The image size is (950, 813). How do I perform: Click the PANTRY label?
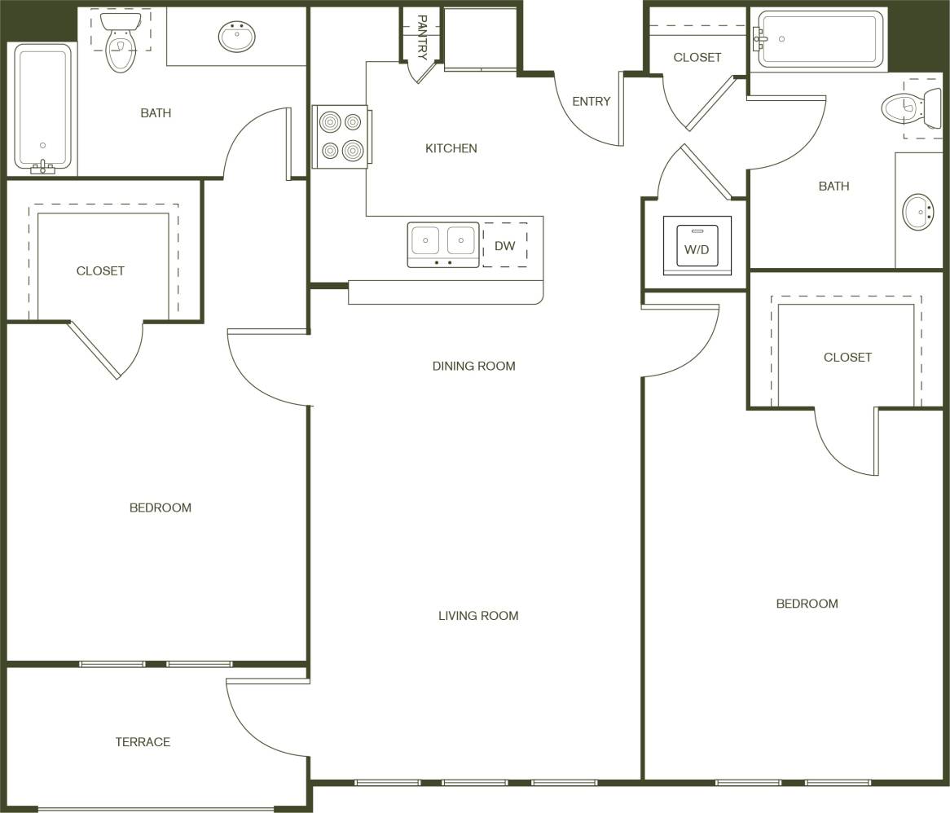tap(422, 37)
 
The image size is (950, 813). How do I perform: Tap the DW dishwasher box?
tap(505, 245)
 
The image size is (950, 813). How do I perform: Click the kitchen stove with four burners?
tap(341, 137)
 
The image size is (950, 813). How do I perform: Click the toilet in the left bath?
tap(121, 42)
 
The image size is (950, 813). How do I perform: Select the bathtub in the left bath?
tap(42, 108)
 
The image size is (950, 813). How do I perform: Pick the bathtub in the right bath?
tap(820, 38)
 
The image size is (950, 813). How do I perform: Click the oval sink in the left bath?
tap(237, 37)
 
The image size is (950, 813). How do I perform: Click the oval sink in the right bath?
tap(918, 213)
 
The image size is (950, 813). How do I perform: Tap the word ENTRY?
tap(591, 102)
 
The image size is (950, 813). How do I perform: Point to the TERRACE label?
tap(143, 742)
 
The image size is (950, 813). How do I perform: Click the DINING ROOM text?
tap(473, 367)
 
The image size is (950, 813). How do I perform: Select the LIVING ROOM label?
tap(478, 616)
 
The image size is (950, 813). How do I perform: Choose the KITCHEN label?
tap(451, 148)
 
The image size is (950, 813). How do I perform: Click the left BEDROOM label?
tap(161, 508)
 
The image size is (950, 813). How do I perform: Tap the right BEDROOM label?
tap(807, 604)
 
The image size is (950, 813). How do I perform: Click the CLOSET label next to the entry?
tap(697, 57)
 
